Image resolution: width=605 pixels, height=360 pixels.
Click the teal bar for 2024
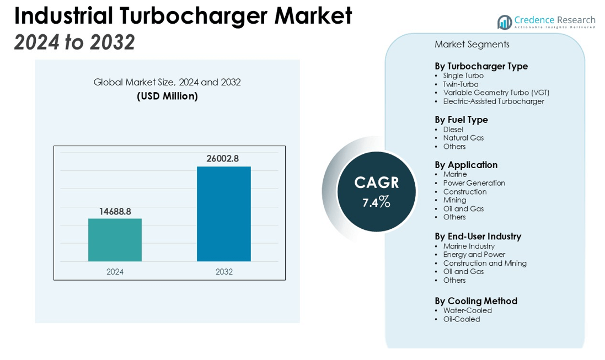(115, 240)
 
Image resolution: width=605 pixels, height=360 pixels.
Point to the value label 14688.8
(115, 211)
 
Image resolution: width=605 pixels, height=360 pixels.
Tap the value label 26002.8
(223, 159)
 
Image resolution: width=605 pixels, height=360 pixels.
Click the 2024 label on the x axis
(115, 272)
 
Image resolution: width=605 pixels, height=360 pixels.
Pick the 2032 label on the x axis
(224, 272)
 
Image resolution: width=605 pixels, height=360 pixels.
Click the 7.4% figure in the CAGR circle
(376, 202)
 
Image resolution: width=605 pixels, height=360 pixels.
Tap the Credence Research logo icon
(504, 22)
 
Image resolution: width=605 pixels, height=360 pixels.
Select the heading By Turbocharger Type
(481, 66)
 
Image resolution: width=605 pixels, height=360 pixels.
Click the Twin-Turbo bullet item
(461, 84)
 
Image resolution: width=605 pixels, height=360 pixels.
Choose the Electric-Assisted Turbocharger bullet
(493, 101)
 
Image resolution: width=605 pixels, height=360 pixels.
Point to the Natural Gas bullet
(463, 138)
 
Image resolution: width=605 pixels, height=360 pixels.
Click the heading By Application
(466, 165)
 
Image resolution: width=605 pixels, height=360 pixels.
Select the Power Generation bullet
(474, 183)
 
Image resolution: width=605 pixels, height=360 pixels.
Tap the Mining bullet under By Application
(454, 200)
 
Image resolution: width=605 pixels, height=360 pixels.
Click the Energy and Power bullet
(474, 255)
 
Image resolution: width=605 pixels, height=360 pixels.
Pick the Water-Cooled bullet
(467, 310)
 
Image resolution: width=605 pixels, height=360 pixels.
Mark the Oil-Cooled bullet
(461, 319)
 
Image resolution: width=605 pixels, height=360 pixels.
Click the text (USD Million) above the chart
(167, 96)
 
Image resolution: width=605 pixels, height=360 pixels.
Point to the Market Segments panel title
(472, 45)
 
